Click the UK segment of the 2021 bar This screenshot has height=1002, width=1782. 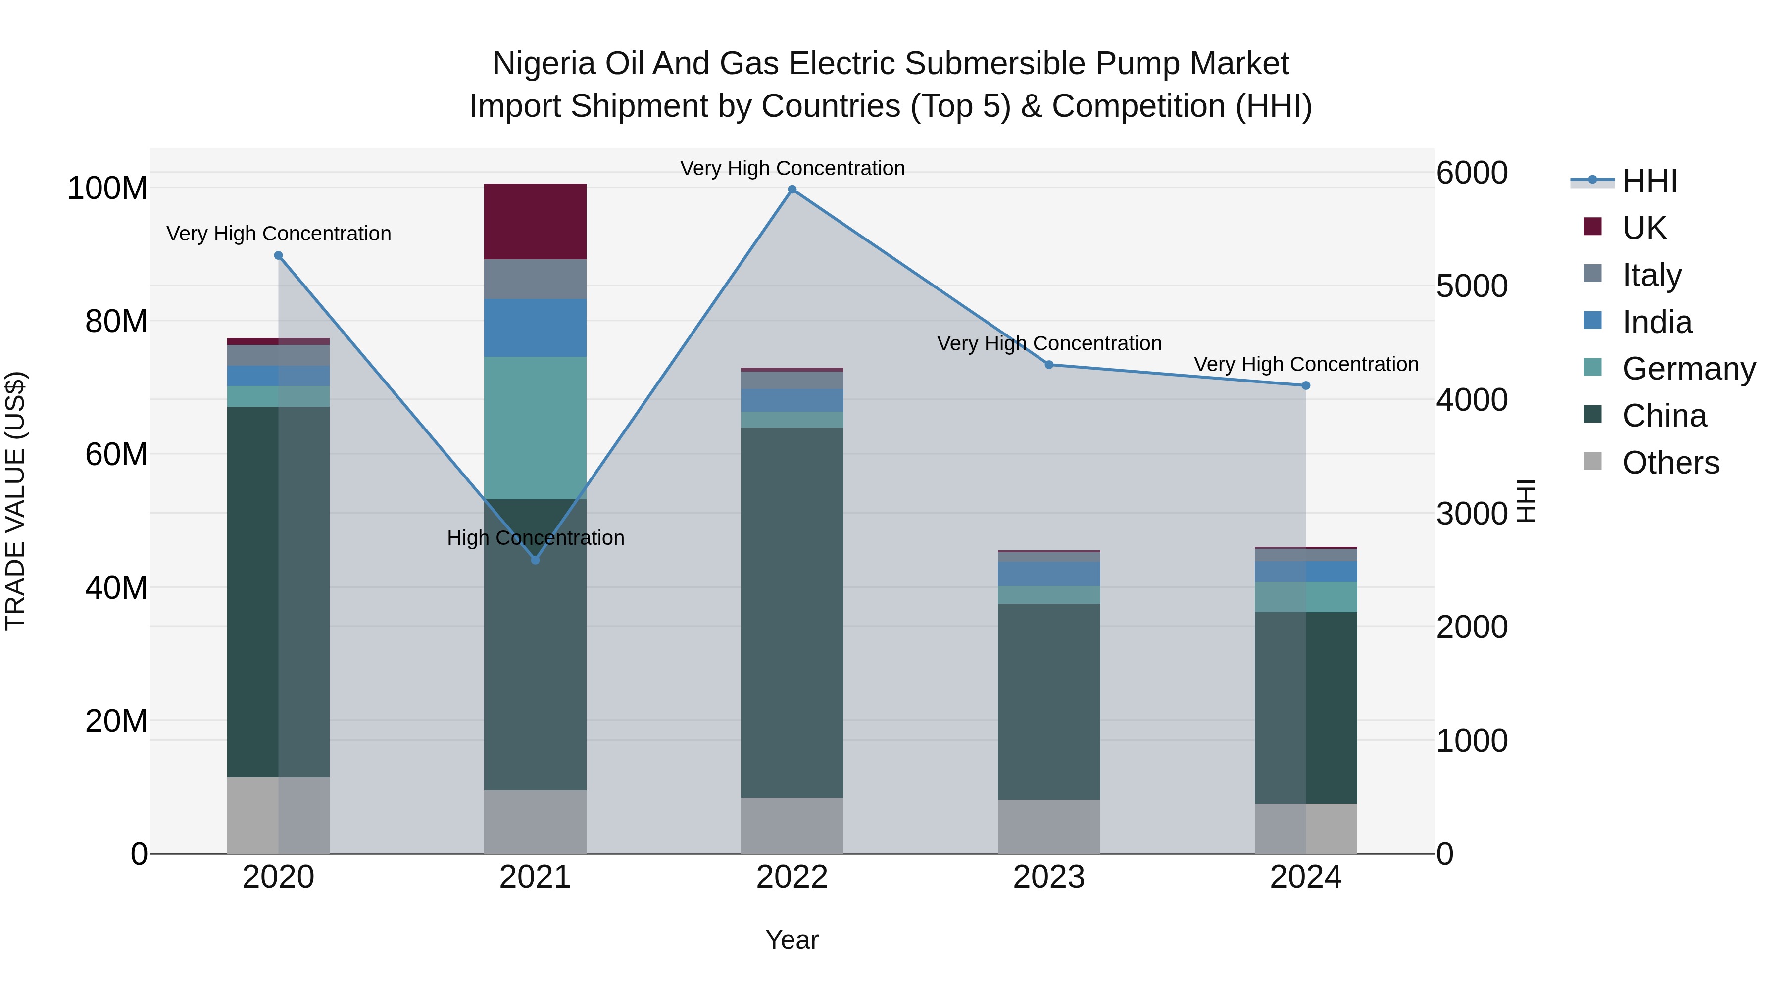[535, 221]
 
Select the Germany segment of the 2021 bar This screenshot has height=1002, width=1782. [535, 428]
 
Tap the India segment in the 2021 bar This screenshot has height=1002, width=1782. [535, 327]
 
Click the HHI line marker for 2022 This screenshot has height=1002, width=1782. [792, 190]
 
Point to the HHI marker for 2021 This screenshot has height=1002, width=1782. [535, 560]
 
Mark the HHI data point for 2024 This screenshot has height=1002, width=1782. [1305, 385]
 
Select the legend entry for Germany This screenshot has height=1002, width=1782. [1688, 369]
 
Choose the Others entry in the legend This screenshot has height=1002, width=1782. [1670, 463]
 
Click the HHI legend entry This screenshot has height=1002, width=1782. [1649, 181]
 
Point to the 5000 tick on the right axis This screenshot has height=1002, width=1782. [1472, 286]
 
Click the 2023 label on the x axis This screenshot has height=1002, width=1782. [1049, 877]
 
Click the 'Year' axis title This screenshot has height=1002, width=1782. [792, 940]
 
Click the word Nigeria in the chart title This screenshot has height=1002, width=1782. [543, 64]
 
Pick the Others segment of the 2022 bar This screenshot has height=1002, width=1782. [792, 825]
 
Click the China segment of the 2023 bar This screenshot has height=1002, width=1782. [1049, 701]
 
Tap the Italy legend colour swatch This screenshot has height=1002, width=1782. [1592, 273]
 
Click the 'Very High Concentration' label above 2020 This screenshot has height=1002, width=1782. [279, 234]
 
